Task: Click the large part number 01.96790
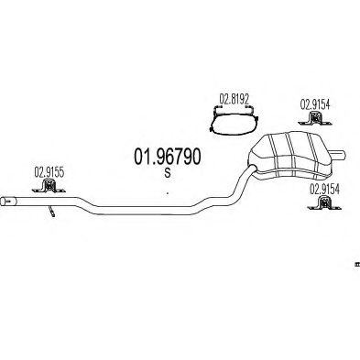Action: click(168, 157)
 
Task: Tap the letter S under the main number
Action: click(168, 173)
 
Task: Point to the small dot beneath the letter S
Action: click(168, 193)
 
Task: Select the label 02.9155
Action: click(49, 172)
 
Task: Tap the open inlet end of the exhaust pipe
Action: click(4, 202)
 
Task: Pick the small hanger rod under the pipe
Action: click(52, 211)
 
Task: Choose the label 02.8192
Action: click(235, 99)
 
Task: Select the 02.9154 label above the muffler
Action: click(315, 104)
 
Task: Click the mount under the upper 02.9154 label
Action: click(315, 118)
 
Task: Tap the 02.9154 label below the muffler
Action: click(324, 190)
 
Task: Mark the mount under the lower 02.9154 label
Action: click(324, 203)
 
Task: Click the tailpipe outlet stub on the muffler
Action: click(338, 155)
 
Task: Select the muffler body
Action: click(290, 155)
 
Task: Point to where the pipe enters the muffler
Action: click(252, 167)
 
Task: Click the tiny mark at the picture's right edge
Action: click(357, 265)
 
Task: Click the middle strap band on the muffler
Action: click(291, 154)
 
